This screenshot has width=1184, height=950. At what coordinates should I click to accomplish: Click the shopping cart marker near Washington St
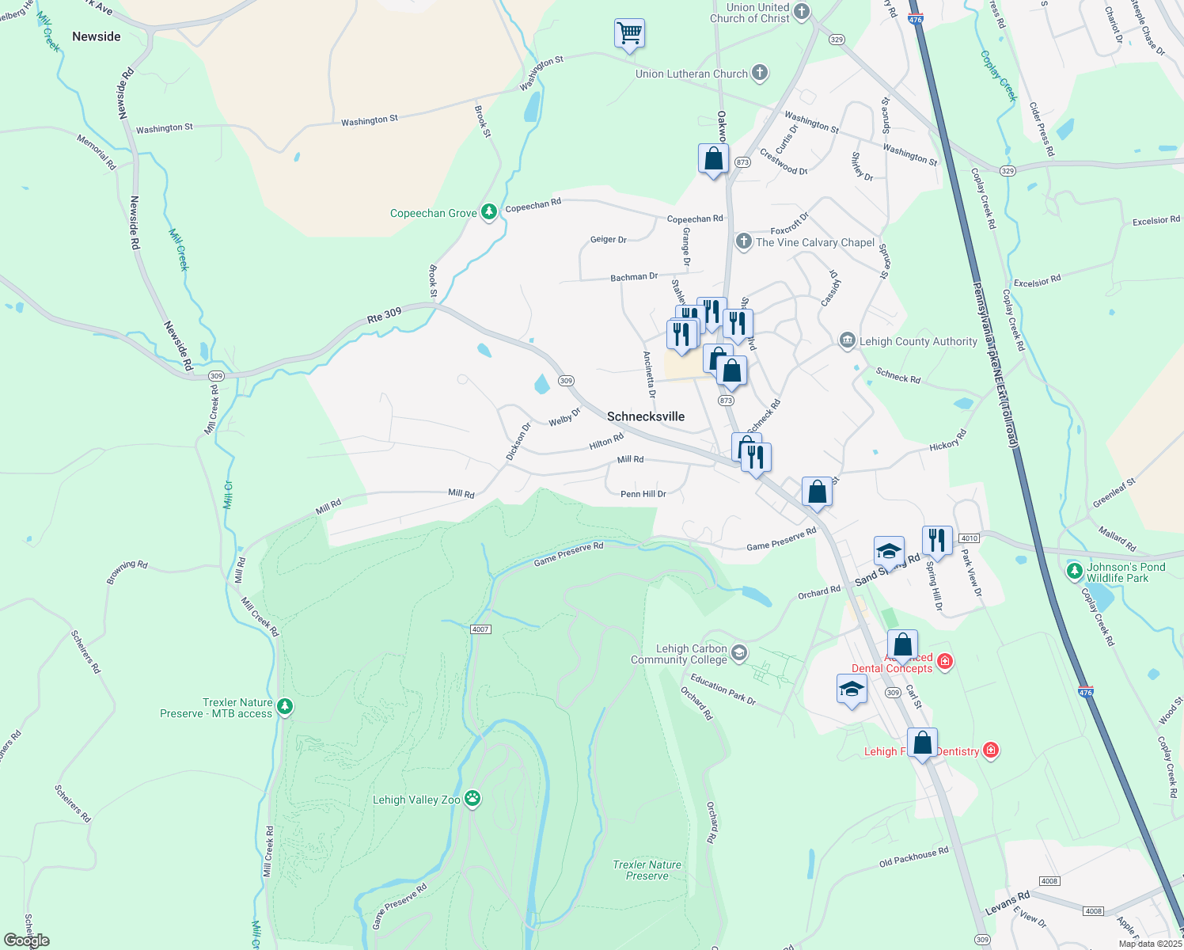(629, 34)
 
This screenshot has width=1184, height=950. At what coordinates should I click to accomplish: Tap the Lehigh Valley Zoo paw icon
(472, 798)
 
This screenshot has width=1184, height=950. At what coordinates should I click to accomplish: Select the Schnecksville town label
(646, 416)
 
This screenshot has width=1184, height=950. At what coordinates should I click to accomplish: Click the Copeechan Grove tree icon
(489, 212)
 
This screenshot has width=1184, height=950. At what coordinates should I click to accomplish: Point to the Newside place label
(97, 36)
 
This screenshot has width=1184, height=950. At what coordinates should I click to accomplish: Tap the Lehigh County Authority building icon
(848, 341)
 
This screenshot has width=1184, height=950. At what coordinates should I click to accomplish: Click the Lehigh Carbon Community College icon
(739, 653)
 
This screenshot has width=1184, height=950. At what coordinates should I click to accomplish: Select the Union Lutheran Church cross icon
(760, 74)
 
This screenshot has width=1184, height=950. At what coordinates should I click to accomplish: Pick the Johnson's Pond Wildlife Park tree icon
(1075, 571)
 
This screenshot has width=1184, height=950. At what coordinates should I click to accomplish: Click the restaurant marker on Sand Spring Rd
(937, 541)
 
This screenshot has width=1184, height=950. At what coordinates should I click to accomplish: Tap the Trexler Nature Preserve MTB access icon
(285, 706)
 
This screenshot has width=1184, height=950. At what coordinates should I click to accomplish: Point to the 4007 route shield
(480, 629)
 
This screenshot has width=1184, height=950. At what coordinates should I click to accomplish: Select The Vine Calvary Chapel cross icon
(743, 242)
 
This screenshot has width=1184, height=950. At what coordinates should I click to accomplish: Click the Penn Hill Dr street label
(643, 494)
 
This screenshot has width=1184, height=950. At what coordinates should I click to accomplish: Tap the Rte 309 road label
(384, 316)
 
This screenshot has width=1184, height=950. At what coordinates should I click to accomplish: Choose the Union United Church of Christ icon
(802, 12)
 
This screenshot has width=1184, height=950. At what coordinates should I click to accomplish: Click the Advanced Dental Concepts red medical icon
(944, 661)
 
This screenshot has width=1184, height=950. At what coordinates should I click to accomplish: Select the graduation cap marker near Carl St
(852, 690)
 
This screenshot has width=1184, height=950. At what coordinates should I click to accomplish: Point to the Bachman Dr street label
(634, 277)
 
